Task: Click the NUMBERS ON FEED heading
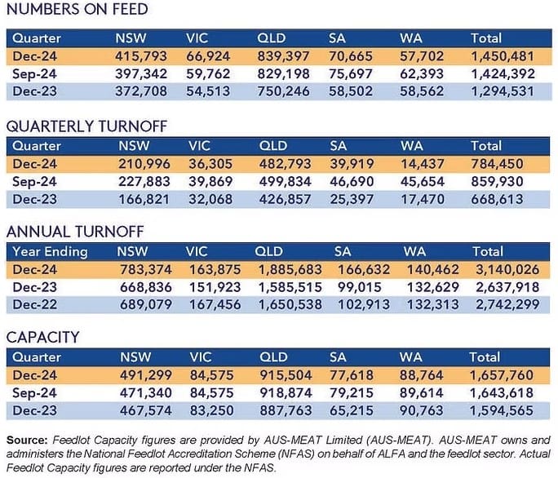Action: pyautogui.click(x=77, y=9)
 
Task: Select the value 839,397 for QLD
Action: pyautogui.click(x=283, y=56)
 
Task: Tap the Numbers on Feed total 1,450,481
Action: pyautogui.click(x=503, y=56)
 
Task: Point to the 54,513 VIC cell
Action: pyautogui.click(x=208, y=91)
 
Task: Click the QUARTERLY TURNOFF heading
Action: pyautogui.click(x=86, y=126)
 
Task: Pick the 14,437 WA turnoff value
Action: pyautogui.click(x=423, y=164)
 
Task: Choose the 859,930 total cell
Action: pyautogui.click(x=497, y=182)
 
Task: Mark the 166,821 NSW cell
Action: pyautogui.click(x=144, y=199)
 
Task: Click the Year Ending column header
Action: pyautogui.click(x=50, y=251)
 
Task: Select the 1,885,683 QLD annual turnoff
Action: pyautogui.click(x=290, y=269)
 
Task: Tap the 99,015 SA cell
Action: pyautogui.click(x=360, y=287)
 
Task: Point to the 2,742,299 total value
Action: pyautogui.click(x=507, y=305)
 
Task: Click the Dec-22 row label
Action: pyautogui.click(x=34, y=305)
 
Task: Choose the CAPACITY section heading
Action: pyautogui.click(x=42, y=338)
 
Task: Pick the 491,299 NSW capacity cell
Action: pyautogui.click(x=146, y=375)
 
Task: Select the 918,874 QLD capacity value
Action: pyautogui.click(x=286, y=393)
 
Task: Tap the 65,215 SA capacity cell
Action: pyautogui.click(x=352, y=410)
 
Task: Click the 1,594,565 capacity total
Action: pyautogui.click(x=502, y=410)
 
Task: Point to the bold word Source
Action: pyautogui.click(x=27, y=440)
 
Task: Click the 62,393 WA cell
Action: pyautogui.click(x=422, y=73)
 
